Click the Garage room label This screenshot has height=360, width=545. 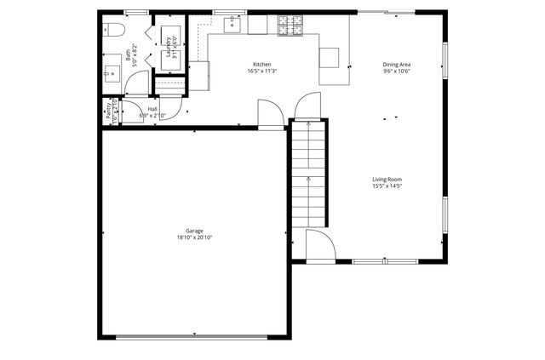coord(194,231)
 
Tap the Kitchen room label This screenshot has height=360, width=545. coord(261,65)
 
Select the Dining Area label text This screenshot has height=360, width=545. coord(396,65)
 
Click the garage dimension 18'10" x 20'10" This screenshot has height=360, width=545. coord(194,237)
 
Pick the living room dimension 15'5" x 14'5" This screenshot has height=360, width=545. coord(387,186)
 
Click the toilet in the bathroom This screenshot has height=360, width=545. coord(115,31)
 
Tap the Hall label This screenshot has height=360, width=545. coord(152,109)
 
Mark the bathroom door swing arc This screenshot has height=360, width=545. coord(138,83)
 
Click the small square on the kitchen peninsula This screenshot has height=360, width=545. coord(329,57)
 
